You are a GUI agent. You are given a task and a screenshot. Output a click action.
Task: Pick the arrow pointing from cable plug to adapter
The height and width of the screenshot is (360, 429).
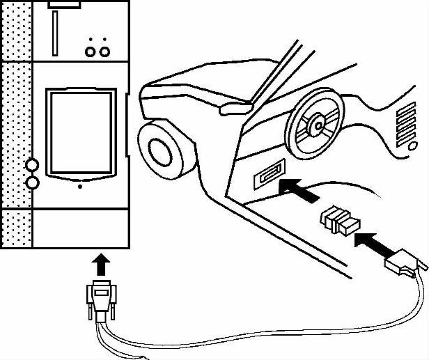tap(372, 245)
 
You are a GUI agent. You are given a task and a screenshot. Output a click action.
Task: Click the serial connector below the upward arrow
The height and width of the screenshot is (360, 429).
tap(102, 296)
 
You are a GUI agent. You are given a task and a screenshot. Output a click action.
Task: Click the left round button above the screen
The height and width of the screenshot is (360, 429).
tap(90, 51)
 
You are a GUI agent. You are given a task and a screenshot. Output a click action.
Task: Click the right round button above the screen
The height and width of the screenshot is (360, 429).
tap(104, 51)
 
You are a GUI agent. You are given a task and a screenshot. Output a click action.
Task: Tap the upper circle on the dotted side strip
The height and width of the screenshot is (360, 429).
tap(31, 166)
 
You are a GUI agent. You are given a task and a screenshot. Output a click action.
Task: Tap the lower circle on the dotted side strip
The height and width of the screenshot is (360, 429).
tap(31, 182)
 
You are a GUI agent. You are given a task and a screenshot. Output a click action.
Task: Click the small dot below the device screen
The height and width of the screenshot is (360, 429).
tap(80, 187)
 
